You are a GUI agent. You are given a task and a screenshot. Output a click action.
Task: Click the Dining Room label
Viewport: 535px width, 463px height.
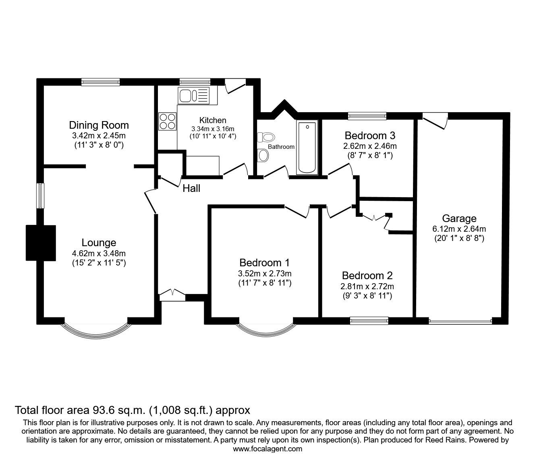coord(99,125)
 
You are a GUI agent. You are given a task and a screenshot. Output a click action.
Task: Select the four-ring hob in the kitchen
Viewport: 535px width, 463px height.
coord(167,121)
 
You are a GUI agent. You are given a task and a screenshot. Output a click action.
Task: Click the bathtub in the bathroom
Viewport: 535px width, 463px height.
coord(307,147)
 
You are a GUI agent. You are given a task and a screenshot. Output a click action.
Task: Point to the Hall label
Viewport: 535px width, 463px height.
coord(191,188)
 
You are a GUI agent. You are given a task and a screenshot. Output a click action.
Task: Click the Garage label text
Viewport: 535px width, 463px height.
coord(459,218)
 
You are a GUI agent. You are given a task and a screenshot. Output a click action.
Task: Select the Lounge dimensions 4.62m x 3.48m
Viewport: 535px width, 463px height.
coord(99,253)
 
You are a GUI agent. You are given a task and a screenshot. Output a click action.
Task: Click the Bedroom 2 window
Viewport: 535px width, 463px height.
coord(369,320)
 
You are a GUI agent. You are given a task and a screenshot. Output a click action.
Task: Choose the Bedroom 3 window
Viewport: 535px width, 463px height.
coord(367,116)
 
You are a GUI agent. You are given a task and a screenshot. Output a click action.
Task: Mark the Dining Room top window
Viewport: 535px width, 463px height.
coord(100,82)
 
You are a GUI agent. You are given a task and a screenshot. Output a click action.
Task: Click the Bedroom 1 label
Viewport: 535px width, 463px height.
coord(264,263)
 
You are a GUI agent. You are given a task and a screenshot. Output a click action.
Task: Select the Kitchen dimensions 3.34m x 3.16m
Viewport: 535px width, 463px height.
coord(213,129)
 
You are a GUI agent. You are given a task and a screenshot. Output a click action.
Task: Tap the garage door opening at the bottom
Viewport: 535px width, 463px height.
coord(460,321)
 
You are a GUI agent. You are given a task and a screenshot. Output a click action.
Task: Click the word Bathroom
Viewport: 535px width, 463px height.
coord(281,147)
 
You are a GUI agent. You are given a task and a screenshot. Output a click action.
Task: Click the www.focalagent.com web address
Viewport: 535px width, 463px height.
coord(267,449)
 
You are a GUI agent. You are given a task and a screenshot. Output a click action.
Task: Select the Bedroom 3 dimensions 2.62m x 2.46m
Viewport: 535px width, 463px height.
coord(370,146)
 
